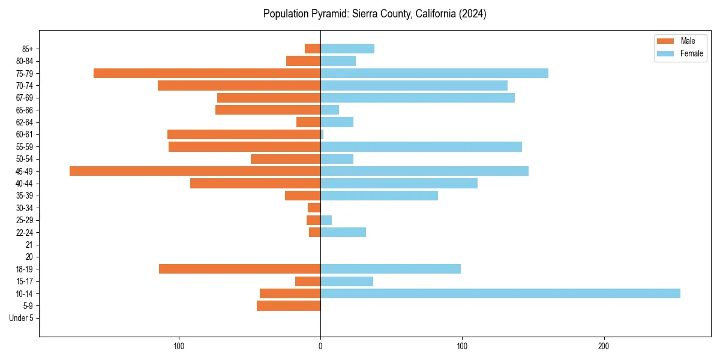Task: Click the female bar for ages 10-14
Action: tap(500, 293)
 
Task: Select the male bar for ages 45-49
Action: tap(195, 171)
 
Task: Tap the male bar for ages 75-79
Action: tap(207, 73)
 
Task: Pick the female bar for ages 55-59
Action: tap(421, 146)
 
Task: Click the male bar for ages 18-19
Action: tap(239, 269)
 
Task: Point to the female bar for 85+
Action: tap(347, 49)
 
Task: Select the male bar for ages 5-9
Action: tap(289, 306)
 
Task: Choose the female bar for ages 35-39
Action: tap(379, 196)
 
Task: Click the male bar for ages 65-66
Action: tap(268, 110)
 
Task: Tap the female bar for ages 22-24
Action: tap(343, 232)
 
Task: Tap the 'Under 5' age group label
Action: tap(21, 318)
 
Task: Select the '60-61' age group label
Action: tap(25, 134)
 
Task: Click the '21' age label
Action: tap(29, 245)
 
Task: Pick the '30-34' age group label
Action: tap(25, 208)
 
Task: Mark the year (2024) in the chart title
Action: tap(472, 14)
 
